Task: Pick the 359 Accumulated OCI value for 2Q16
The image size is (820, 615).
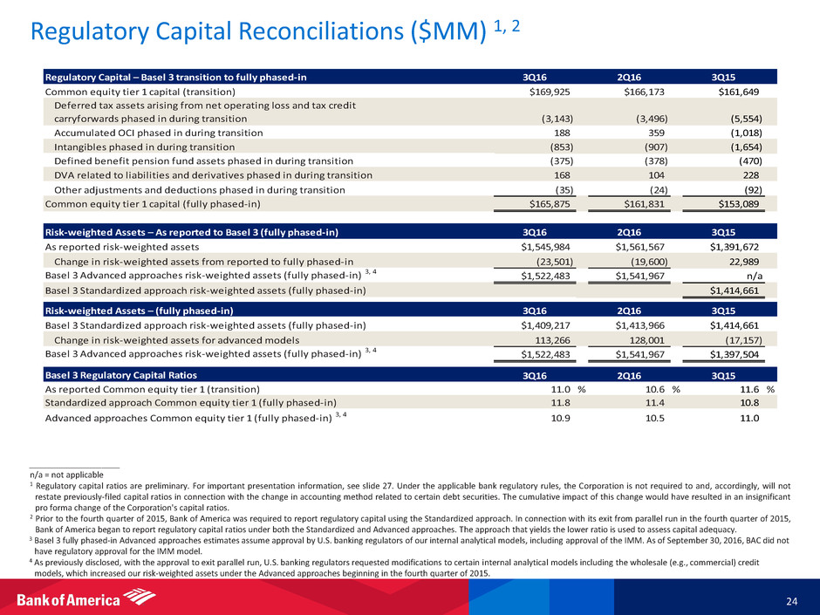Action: click(650, 133)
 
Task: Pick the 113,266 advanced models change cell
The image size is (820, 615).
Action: click(560, 340)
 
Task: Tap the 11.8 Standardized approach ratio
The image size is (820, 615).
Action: click(562, 402)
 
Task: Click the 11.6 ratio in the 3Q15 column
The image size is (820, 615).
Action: click(749, 389)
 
